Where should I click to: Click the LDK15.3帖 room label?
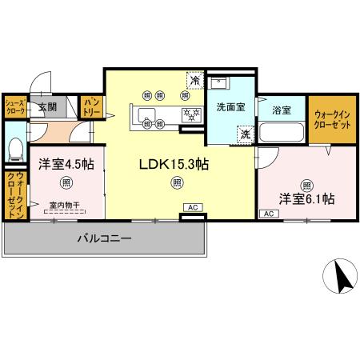pyautogui.click(x=174, y=164)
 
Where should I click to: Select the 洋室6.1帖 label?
pyautogui.click(x=306, y=198)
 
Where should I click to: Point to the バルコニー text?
pyautogui.click(x=105, y=238)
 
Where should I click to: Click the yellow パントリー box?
pyautogui.click(x=91, y=107)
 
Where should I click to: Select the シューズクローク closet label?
pyautogui.click(x=14, y=107)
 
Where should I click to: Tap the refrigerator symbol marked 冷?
pyautogui.click(x=194, y=81)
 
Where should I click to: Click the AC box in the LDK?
pyautogui.click(x=192, y=208)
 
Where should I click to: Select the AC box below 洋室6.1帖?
pyautogui.click(x=268, y=214)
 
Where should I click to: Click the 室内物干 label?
pyautogui.click(x=65, y=205)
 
